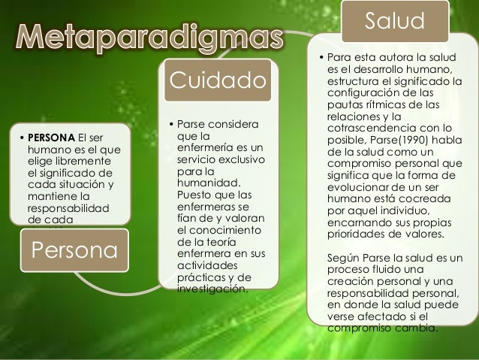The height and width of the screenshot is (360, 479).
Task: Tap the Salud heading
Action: [395, 21]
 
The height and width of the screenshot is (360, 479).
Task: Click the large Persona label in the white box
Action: [73, 251]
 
